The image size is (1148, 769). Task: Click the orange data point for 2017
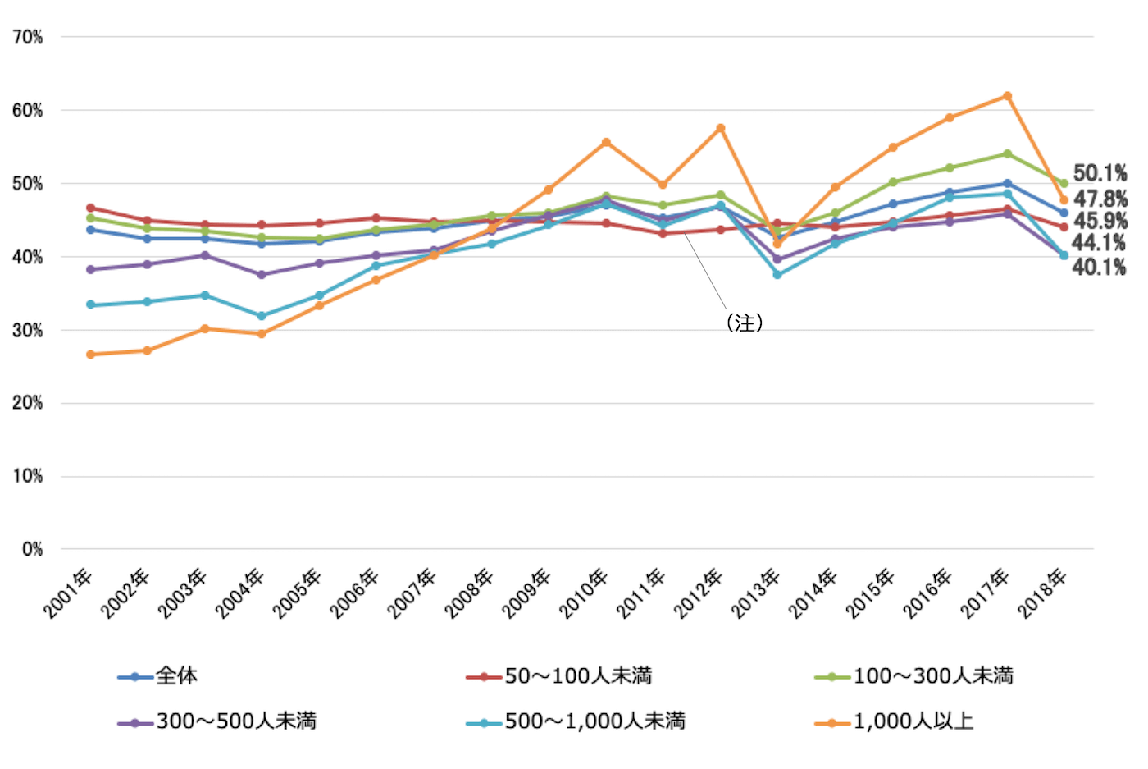click(x=1007, y=96)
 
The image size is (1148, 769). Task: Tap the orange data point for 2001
click(x=90, y=355)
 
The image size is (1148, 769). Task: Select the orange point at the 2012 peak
click(x=721, y=128)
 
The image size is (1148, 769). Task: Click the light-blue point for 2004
click(x=262, y=316)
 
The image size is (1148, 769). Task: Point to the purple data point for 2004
click(x=262, y=275)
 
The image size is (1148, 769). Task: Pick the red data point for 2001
click(x=90, y=208)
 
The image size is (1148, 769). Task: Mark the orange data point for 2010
click(x=606, y=142)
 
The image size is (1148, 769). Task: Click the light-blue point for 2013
click(x=777, y=275)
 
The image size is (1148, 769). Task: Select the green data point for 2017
click(x=1007, y=153)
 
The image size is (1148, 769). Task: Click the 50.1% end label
click(x=1100, y=173)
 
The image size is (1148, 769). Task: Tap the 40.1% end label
click(x=1099, y=267)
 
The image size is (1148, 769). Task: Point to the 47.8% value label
click(x=1100, y=199)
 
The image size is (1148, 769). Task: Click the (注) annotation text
click(x=745, y=323)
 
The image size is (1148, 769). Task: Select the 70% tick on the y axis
click(x=27, y=37)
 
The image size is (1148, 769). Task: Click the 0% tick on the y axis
click(x=32, y=549)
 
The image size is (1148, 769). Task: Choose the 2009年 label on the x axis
click(x=526, y=593)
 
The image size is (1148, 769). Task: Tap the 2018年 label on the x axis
click(x=1042, y=593)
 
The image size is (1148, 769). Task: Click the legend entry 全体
click(x=176, y=676)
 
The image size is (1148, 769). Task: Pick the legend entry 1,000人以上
click(x=913, y=721)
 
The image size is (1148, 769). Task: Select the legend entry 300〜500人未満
click(x=236, y=721)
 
